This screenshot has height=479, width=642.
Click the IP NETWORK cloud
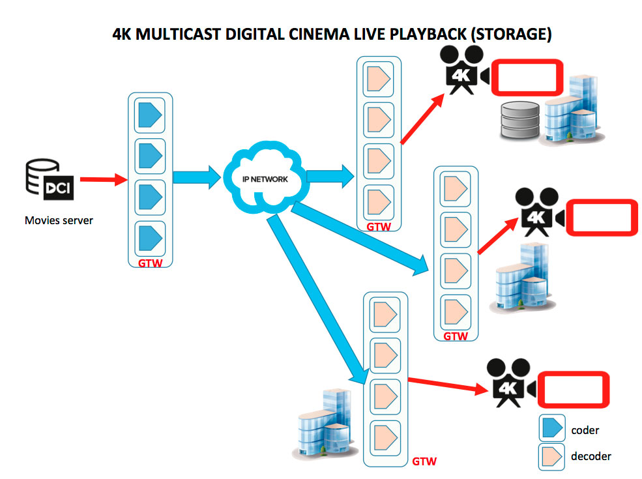pyautogui.click(x=264, y=177)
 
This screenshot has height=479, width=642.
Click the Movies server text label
pyautogui.click(x=59, y=220)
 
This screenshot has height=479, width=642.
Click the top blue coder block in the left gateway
pyautogui.click(x=150, y=118)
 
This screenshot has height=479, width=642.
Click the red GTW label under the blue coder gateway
pyautogui.click(x=150, y=264)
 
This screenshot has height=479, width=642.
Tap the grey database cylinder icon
pyautogui.click(x=520, y=121)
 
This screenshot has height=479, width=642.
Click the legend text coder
pyautogui.click(x=585, y=430)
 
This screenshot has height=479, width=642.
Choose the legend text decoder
pyautogui.click(x=591, y=456)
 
